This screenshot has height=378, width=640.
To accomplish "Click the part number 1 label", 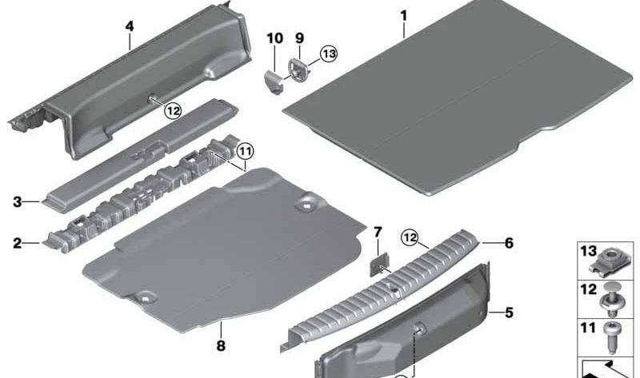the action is click(x=404, y=16).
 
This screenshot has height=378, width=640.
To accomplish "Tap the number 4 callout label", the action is click(x=130, y=27).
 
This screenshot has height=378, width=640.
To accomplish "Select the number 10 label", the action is click(x=274, y=38).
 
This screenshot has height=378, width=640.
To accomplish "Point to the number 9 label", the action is click(x=299, y=38).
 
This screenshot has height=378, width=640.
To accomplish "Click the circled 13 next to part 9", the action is click(x=329, y=54).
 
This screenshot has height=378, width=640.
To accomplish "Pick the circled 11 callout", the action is click(x=246, y=152).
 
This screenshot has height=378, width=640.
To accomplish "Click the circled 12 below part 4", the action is click(x=173, y=110).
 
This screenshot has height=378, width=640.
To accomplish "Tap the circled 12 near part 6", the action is click(x=410, y=237).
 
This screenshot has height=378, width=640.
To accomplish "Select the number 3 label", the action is click(x=17, y=202).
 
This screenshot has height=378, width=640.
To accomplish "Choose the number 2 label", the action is click(x=17, y=244).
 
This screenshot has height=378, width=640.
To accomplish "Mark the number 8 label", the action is click(x=221, y=346).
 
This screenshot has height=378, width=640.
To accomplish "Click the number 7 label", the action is click(x=378, y=233).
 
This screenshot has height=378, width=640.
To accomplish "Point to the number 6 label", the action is click(x=509, y=243).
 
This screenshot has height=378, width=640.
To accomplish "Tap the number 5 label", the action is click(x=509, y=312).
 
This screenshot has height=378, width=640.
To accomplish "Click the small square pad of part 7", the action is click(x=379, y=265).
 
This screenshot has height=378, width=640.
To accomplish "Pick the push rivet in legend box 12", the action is click(x=610, y=300).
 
